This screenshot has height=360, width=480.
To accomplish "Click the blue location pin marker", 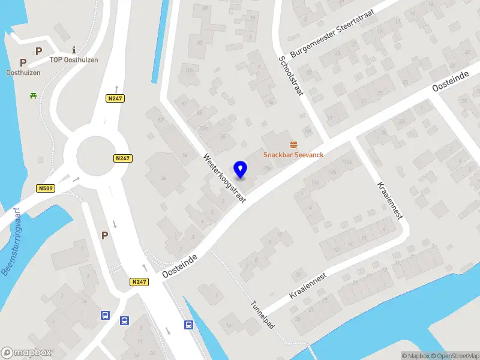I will coord(241,169).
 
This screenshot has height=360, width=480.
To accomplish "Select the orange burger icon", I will coord(293,144).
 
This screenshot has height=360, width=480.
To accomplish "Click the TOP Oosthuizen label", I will coord(74,60).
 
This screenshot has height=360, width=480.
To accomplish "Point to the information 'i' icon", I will coord(73,50).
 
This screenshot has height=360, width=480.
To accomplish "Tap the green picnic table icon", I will coord(32,95).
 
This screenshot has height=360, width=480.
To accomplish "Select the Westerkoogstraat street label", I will coord(224,178).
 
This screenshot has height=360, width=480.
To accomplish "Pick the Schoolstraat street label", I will coord(290,76).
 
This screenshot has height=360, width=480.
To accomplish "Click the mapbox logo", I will coord(26,353).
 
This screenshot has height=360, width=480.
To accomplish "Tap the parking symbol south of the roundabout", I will coord(104,236).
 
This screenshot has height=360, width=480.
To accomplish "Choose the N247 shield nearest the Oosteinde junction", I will coord(139,281).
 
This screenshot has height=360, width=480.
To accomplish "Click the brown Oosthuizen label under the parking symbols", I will coord(23,73).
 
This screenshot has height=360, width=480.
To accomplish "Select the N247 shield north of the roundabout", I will coord(115,98).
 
